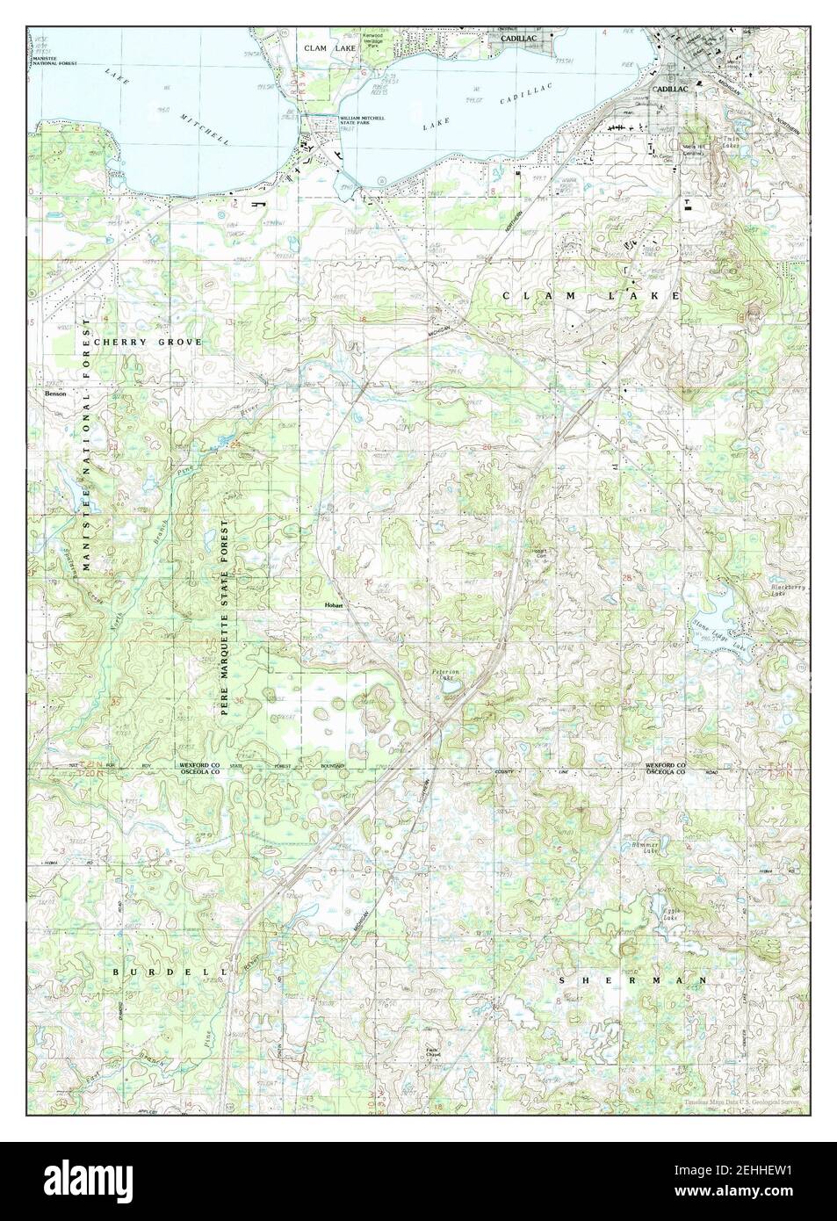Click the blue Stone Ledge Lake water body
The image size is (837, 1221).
720,606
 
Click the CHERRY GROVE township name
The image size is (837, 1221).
148,342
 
